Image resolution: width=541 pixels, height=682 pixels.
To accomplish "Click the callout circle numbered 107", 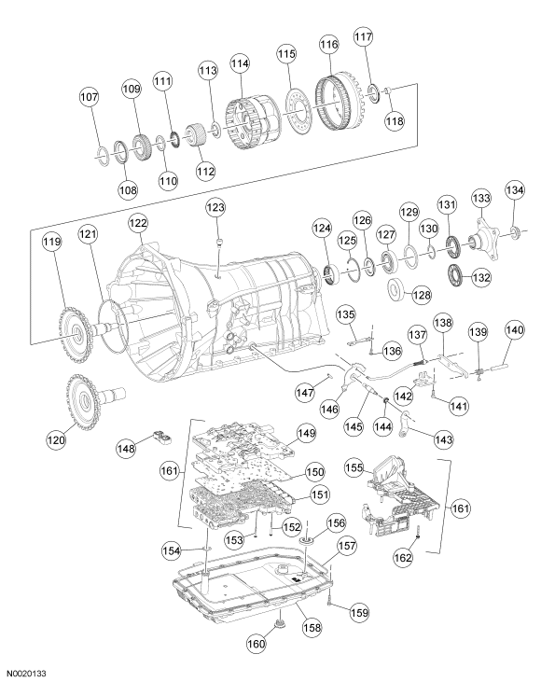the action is [x=90, y=96].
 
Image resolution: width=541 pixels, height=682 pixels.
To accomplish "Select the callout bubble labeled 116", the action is [x=328, y=44].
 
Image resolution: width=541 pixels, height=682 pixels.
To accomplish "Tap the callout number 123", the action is [x=215, y=207].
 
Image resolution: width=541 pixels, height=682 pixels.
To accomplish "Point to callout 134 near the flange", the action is [x=515, y=190].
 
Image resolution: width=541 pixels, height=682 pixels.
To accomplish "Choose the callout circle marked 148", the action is [x=127, y=448].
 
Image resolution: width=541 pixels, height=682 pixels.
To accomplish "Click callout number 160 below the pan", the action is [x=257, y=643].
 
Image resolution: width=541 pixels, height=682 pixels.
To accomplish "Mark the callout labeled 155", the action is [x=354, y=467].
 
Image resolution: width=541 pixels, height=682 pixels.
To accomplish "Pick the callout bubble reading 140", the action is [x=515, y=330].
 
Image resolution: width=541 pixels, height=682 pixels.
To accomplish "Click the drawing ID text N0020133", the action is [x=27, y=674].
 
